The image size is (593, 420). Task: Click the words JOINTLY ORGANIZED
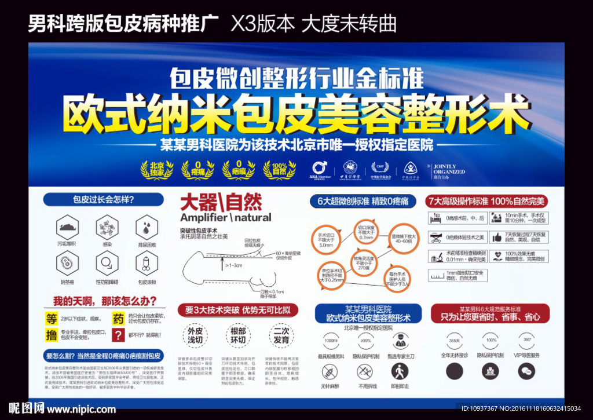click(449, 169)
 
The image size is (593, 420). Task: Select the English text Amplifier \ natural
click(225, 218)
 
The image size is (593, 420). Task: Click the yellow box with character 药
click(118, 319)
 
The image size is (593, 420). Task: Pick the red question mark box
click(118, 335)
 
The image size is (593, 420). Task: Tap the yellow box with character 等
click(52, 319)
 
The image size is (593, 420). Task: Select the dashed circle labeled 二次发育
click(281, 335)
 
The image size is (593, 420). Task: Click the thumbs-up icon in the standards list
click(496, 237)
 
